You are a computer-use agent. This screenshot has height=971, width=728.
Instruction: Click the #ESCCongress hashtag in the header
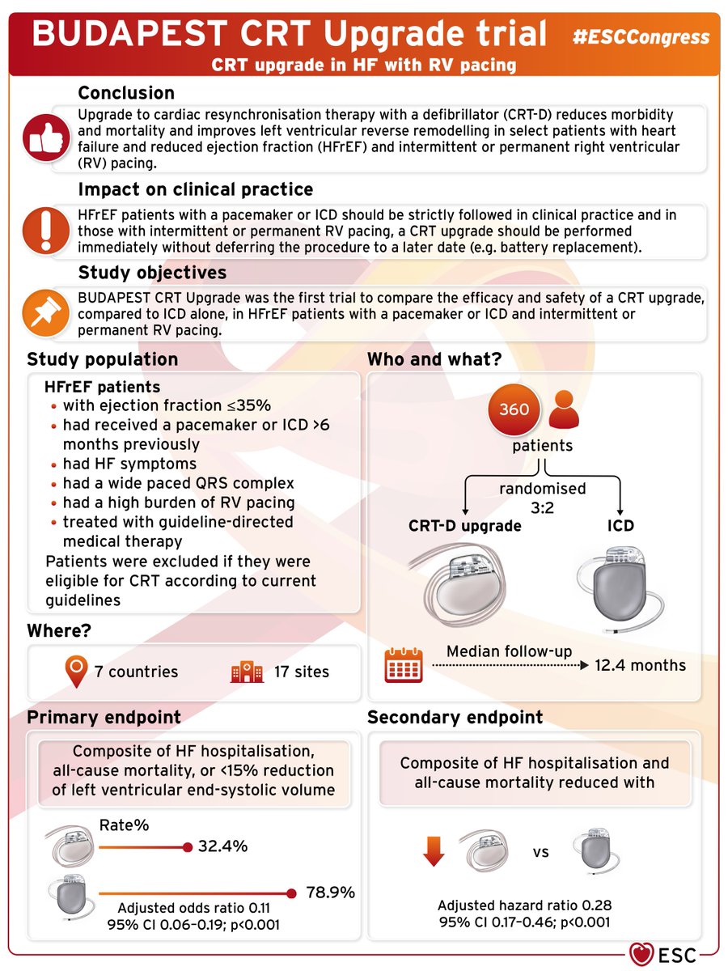[x=641, y=36]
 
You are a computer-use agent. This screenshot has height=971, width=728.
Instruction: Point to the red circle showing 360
[x=514, y=409]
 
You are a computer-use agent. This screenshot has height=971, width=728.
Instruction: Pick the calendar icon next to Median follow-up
[x=402, y=665]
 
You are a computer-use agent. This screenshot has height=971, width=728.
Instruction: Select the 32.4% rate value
[x=223, y=847]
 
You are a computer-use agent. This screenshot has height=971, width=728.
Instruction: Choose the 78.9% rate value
[x=330, y=893]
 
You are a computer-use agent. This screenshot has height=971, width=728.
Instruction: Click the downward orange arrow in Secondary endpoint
[x=434, y=851]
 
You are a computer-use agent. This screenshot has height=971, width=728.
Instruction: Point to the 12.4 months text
[x=640, y=665]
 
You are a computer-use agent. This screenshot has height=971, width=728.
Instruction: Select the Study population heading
[x=103, y=358]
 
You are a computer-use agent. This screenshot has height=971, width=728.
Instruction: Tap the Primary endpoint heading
[x=104, y=717]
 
